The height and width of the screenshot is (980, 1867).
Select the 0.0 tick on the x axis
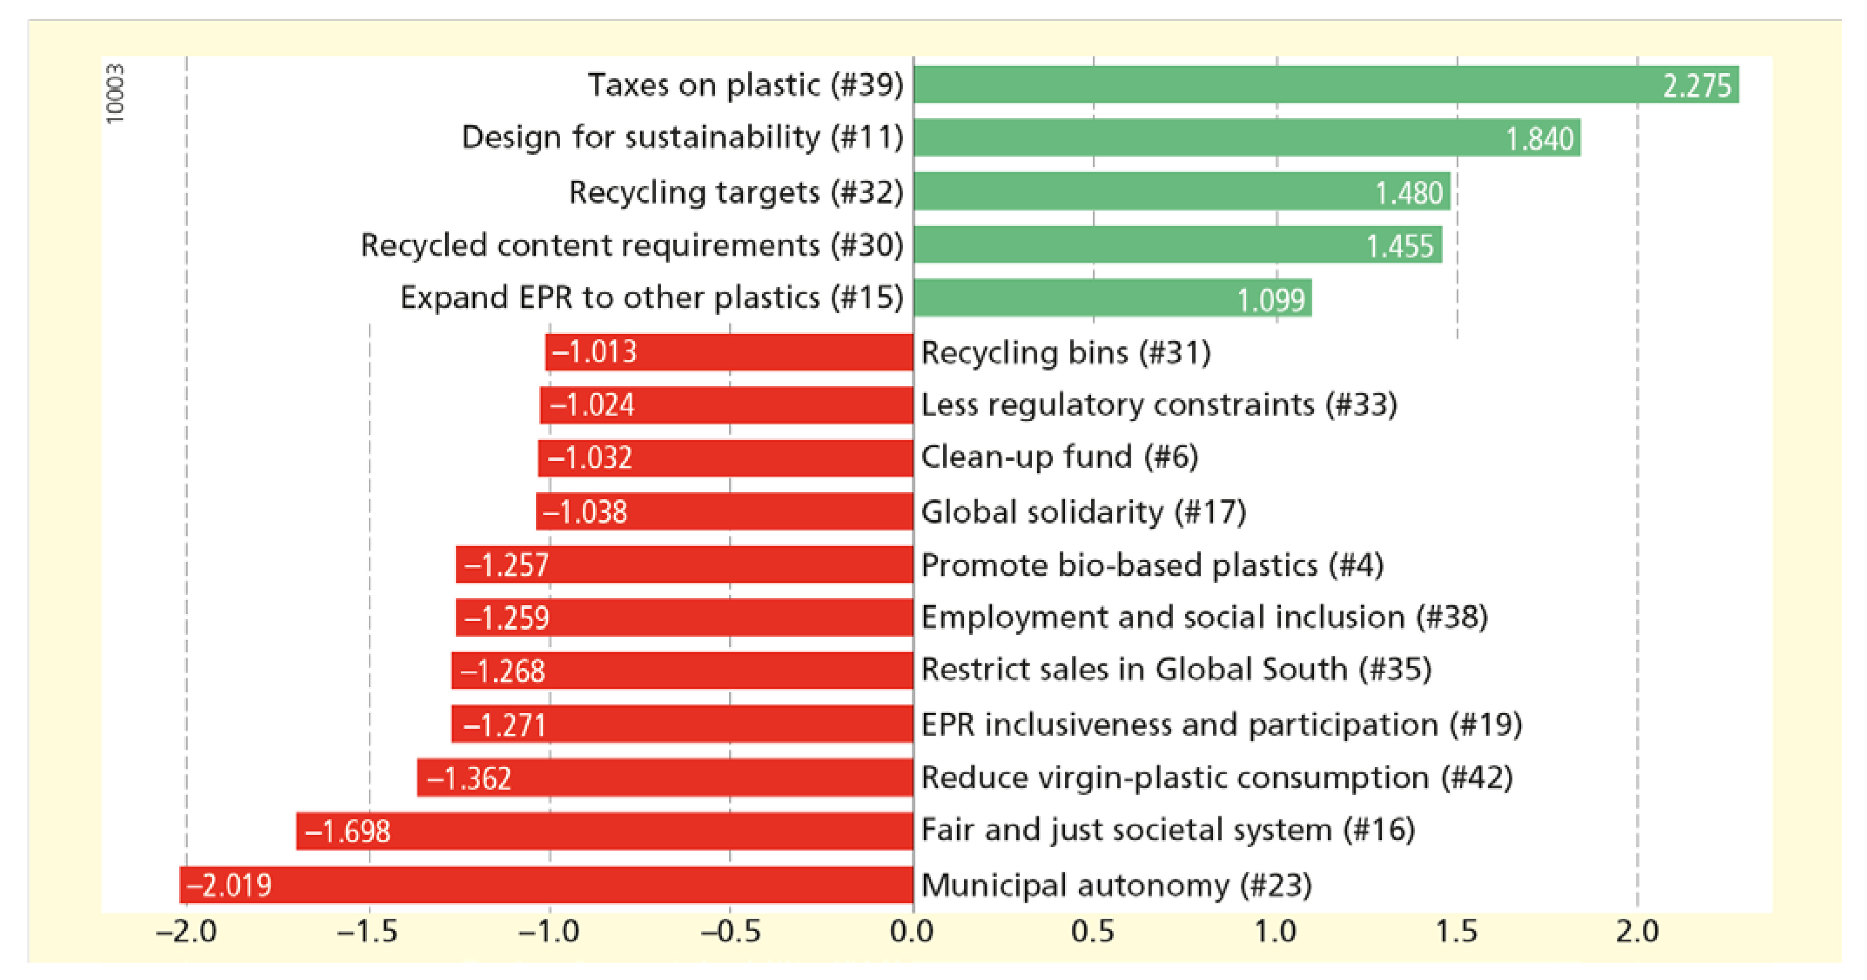(912, 931)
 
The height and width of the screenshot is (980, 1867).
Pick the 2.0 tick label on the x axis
(1637, 931)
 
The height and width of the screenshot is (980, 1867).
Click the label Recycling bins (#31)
(1066, 353)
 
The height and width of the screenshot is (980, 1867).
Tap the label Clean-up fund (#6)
(1059, 457)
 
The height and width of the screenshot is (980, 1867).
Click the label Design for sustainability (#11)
(682, 137)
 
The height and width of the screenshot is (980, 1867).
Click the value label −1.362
(469, 779)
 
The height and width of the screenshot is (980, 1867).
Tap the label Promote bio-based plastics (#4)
(1152, 565)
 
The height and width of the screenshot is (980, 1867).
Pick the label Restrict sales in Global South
(1176, 669)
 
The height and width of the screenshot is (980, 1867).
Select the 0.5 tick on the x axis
(1093, 931)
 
